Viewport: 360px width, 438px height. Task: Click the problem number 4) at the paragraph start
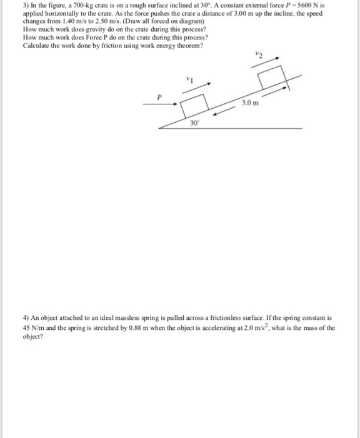pos(26,318)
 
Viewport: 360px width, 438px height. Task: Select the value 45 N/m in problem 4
pos(34,327)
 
